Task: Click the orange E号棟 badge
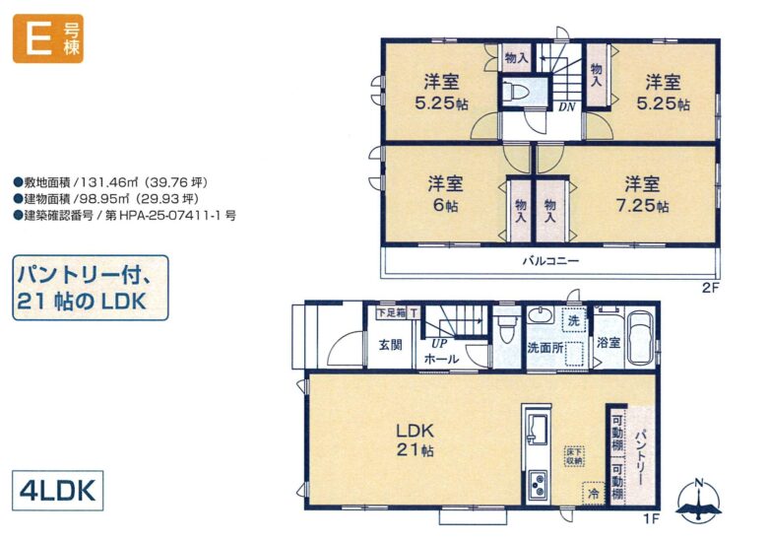click(x=48, y=38)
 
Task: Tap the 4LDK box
click(x=58, y=491)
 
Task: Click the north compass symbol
click(x=698, y=501)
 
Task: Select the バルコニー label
click(x=550, y=260)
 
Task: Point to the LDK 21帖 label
click(x=415, y=440)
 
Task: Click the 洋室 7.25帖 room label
click(x=642, y=195)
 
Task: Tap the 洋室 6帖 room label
click(x=445, y=194)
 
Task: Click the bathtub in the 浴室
click(x=640, y=339)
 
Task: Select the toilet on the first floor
click(x=506, y=329)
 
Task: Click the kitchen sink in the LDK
click(x=538, y=430)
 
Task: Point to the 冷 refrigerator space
click(x=594, y=493)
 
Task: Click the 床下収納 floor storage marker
click(x=574, y=455)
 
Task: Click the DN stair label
click(x=567, y=106)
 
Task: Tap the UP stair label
click(x=439, y=344)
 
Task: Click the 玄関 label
click(x=390, y=345)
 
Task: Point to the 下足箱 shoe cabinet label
click(x=391, y=312)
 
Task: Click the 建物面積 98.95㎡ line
click(x=106, y=199)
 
